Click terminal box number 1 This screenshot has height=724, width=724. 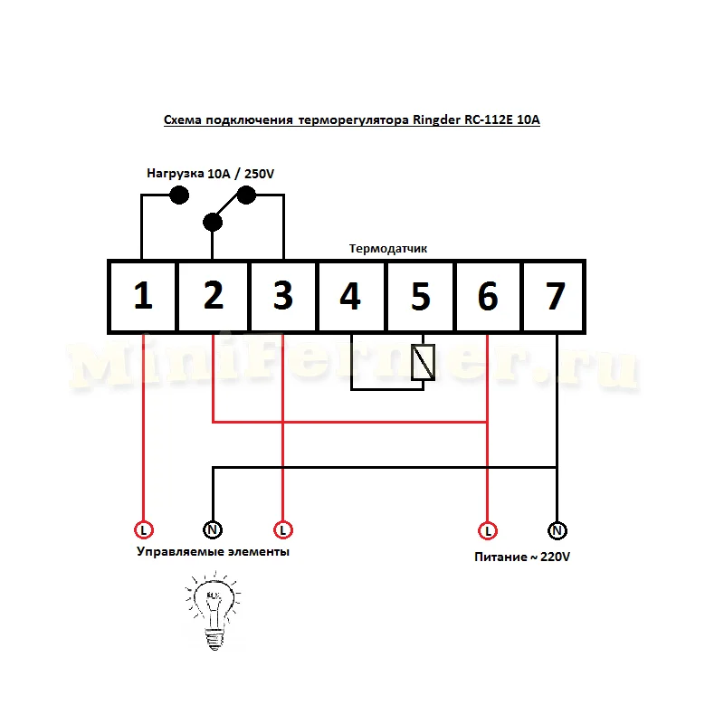pos(142,297)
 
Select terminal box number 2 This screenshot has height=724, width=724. pos(213,297)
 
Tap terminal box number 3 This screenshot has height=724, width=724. pos(283,297)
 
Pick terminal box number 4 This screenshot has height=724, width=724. pos(351,297)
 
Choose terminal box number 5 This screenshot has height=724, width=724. pos(420,297)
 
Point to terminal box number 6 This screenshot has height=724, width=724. pos(488,297)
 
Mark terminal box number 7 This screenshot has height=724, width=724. pos(555,297)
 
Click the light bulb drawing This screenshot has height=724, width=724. pos(213,608)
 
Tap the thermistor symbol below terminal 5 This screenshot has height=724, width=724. pos(422,363)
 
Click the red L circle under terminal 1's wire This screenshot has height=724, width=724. pos(143,529)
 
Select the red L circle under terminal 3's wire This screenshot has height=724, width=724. pos(283,529)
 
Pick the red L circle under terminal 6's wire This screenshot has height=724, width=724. pos(488,529)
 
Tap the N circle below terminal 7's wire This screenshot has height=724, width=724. pos(557,529)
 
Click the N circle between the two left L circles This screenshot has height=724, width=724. pos(213,529)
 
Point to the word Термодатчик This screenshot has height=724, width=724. pos(388,248)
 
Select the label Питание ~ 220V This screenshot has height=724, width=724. pos(522,557)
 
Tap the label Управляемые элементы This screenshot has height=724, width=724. pos(213,551)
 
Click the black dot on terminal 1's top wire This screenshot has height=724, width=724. pos(179,195)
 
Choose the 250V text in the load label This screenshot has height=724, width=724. pos(257,172)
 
